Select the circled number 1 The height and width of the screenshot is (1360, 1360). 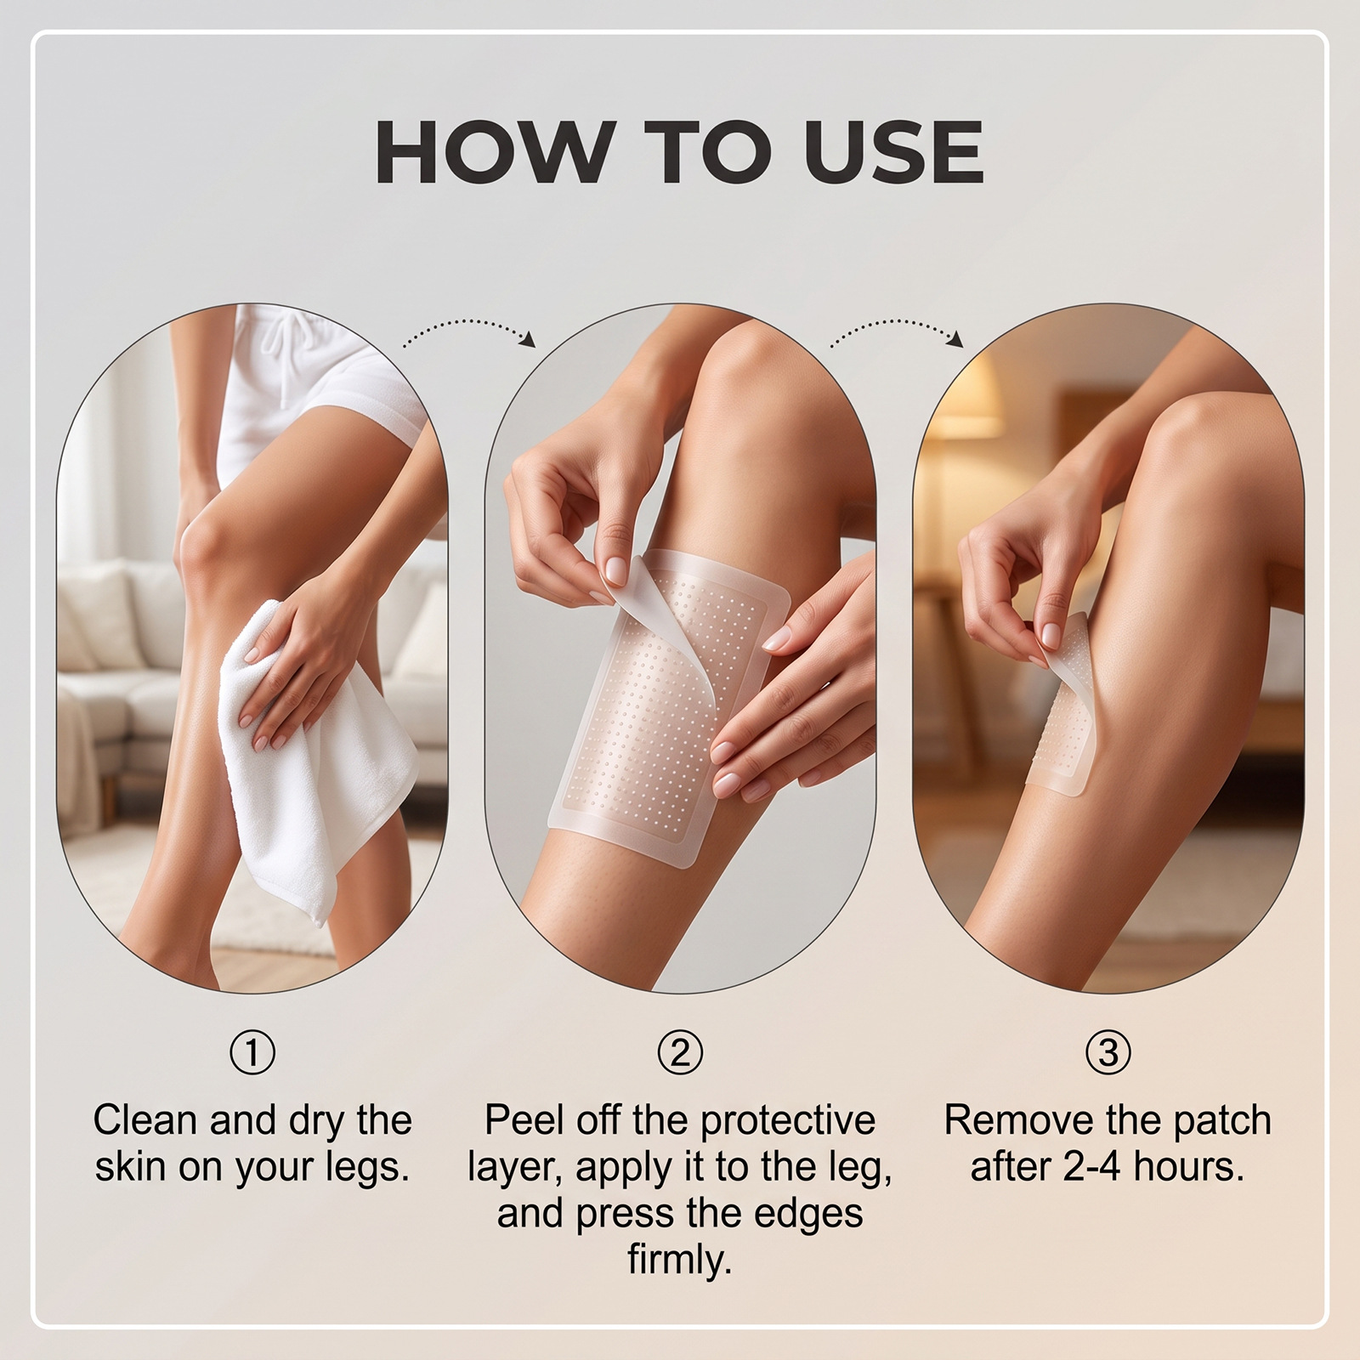click(252, 1053)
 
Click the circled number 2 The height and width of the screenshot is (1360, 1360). click(680, 1053)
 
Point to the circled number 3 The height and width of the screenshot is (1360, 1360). click(1108, 1053)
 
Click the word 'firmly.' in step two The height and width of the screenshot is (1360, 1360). click(680, 1260)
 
